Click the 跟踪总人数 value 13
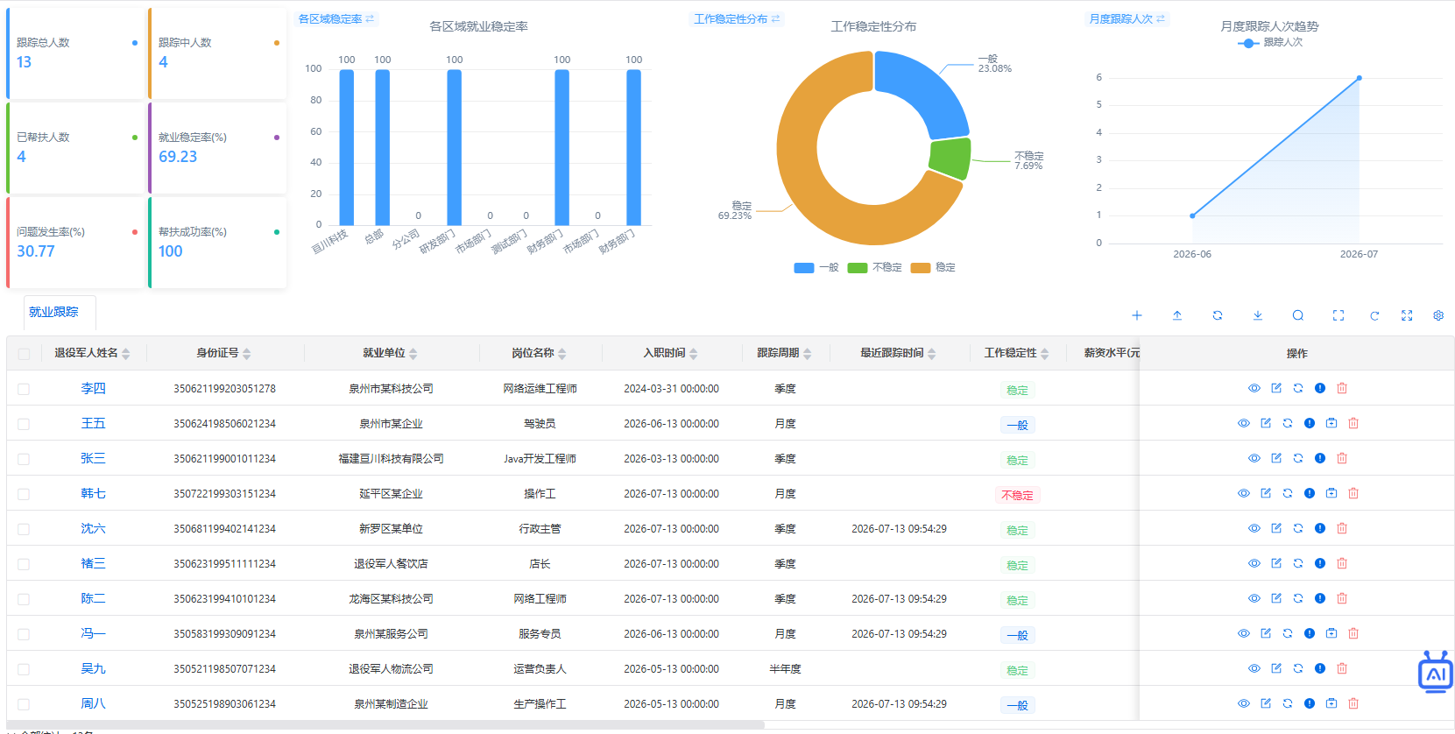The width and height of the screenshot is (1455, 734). (x=24, y=61)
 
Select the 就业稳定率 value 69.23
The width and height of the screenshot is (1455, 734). (x=177, y=157)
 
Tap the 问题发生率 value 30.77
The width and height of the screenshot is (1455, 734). (x=36, y=251)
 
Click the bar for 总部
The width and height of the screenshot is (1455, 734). (x=383, y=147)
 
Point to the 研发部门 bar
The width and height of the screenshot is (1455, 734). (x=454, y=147)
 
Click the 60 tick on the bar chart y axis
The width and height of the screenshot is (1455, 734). (x=315, y=131)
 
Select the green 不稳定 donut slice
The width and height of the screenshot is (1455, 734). (x=951, y=158)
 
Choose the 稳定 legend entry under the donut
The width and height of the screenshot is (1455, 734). (x=933, y=268)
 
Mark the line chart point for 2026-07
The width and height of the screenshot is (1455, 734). (x=1359, y=78)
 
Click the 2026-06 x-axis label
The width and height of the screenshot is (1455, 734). (x=1192, y=254)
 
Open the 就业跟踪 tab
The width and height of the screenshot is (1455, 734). (x=54, y=312)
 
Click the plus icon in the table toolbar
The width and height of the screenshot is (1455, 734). (x=1137, y=315)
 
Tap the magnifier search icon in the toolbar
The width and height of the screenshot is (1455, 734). (x=1298, y=315)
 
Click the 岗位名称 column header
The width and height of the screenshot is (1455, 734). (x=533, y=353)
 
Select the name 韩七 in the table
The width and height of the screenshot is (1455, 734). (x=93, y=494)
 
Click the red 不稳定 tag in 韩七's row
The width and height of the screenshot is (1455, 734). (x=1017, y=495)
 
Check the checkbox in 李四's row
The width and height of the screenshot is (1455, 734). (x=24, y=389)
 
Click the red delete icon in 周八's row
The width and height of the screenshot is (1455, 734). (x=1353, y=703)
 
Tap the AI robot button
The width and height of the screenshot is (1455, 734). (x=1436, y=673)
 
